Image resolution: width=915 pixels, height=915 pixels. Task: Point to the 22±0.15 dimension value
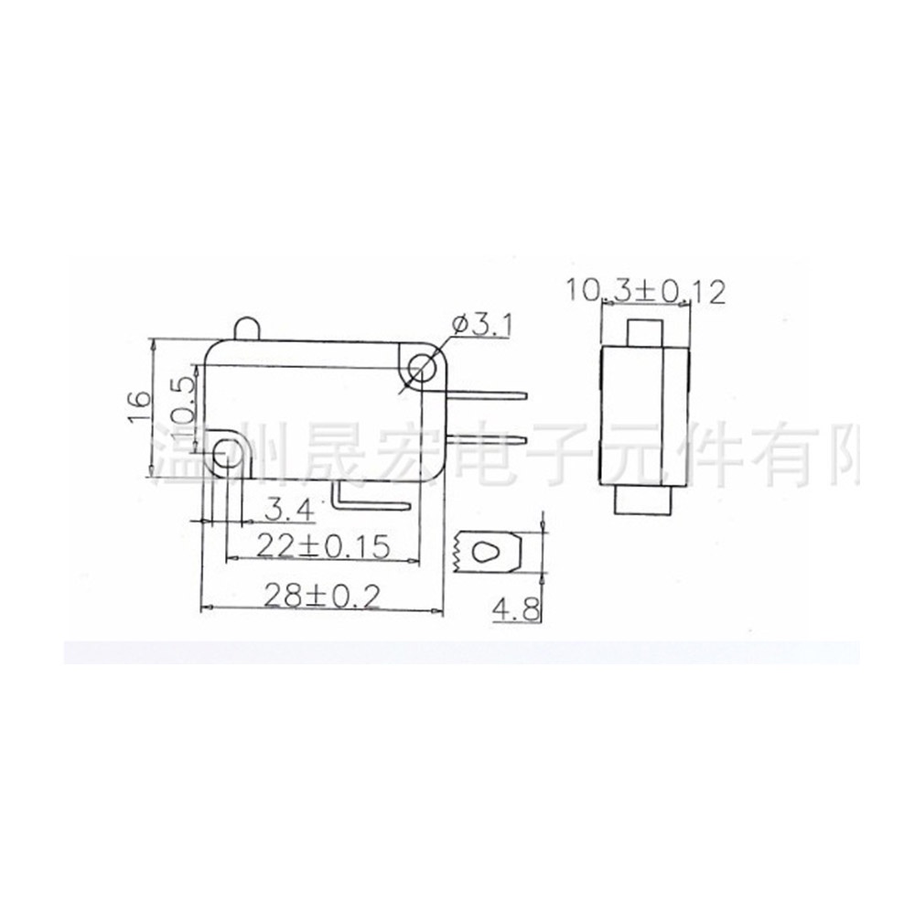pos(323,545)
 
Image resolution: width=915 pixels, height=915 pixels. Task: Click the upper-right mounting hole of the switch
pos(422,369)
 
